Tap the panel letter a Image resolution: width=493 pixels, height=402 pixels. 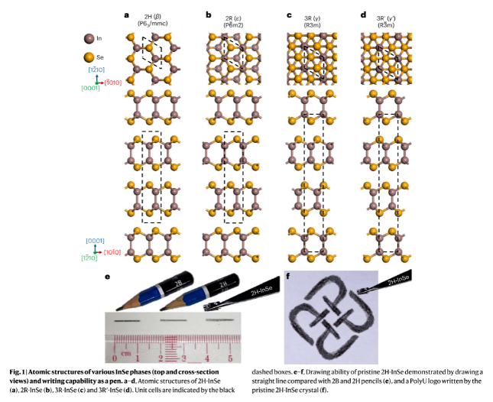coord(127,15)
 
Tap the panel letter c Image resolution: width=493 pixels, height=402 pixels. coord(289,15)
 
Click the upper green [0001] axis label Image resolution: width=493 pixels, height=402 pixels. coord(88,89)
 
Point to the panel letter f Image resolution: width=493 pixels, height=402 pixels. coord(287,276)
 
